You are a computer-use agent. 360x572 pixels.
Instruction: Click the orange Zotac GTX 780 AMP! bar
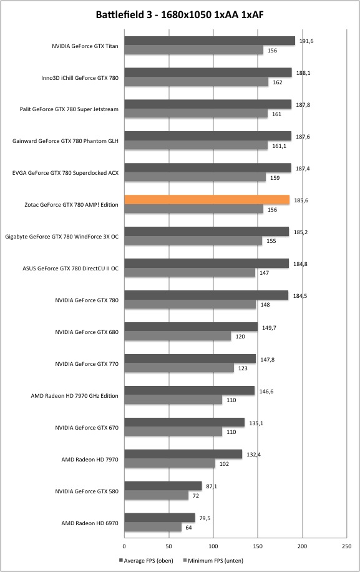[x=207, y=200]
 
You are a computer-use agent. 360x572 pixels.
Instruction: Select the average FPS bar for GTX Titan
[x=210, y=41]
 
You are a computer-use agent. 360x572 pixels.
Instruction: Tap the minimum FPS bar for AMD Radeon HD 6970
[x=153, y=527]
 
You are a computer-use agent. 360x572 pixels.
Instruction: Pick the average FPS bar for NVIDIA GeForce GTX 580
[x=163, y=486]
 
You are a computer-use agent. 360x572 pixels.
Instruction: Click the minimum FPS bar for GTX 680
[x=178, y=336]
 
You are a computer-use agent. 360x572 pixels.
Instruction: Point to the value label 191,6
[x=306, y=41]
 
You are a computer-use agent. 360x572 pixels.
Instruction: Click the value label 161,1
[x=279, y=146]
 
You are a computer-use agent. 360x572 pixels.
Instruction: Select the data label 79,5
[x=205, y=518]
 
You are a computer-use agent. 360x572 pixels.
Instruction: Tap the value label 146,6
[x=266, y=392]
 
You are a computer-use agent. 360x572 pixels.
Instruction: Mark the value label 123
[x=243, y=368]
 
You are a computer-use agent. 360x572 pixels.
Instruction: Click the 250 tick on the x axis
[x=347, y=546]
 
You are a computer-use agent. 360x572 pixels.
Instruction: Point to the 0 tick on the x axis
[x=124, y=546]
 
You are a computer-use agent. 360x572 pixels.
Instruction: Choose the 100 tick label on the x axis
[x=213, y=546]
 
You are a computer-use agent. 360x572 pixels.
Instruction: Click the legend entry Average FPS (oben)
[x=146, y=560]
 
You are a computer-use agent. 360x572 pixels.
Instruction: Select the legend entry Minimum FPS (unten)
[x=213, y=560]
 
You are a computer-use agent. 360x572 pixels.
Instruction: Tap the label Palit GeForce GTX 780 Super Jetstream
[x=69, y=109]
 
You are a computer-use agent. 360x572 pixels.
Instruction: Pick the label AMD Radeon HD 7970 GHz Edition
[x=74, y=396]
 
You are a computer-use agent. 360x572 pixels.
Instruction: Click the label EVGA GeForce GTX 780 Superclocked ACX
[x=66, y=173]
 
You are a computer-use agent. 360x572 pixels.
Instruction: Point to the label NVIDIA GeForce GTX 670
[x=87, y=428]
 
